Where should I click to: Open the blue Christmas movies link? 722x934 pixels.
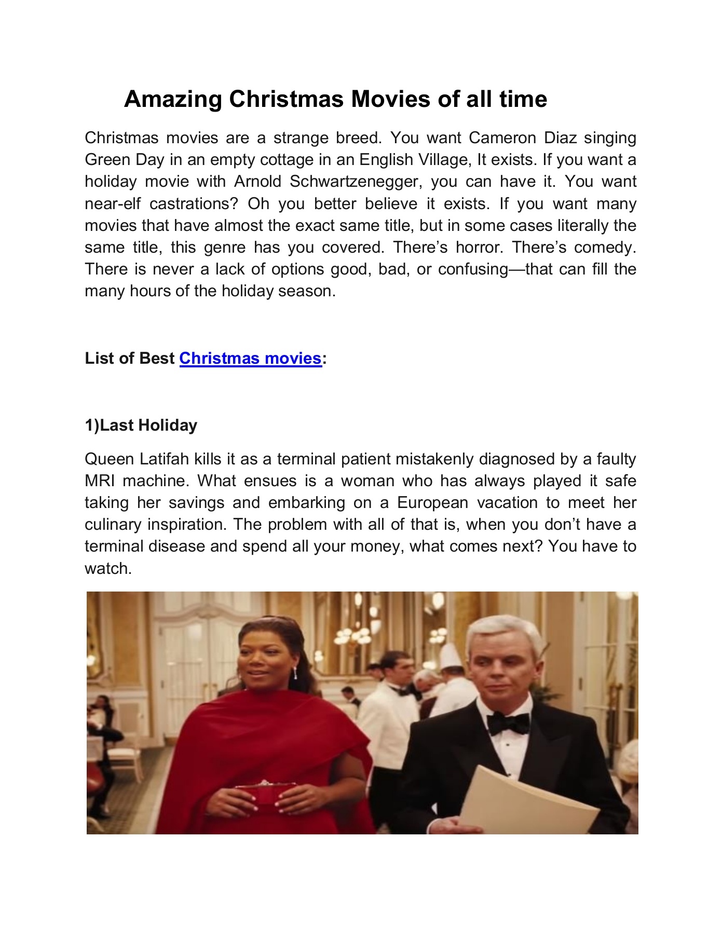click(250, 358)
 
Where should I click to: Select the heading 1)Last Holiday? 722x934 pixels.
click(141, 425)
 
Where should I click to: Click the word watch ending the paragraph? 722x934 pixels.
click(107, 569)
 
